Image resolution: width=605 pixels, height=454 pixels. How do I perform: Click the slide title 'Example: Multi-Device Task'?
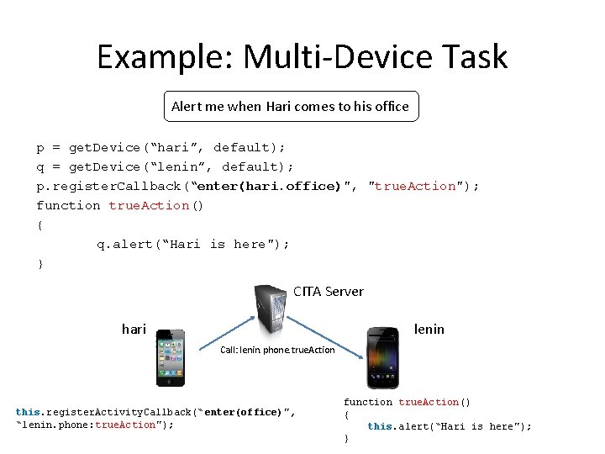(x=302, y=57)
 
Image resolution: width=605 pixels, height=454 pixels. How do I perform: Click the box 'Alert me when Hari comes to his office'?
(x=290, y=106)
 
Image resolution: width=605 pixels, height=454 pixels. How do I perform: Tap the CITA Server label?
(x=328, y=292)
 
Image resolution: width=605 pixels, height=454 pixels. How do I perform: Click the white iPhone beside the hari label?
(x=171, y=356)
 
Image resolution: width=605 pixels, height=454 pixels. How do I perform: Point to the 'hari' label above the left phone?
(x=134, y=329)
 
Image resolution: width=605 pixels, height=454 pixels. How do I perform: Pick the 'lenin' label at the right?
(x=429, y=329)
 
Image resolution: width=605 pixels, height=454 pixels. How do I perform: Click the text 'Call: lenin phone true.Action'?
(x=277, y=350)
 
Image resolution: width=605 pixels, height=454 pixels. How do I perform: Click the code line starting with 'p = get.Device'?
(x=160, y=147)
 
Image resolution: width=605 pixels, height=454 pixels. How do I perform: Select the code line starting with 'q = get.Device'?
(x=165, y=166)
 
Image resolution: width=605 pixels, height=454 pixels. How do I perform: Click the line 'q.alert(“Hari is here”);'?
(x=192, y=244)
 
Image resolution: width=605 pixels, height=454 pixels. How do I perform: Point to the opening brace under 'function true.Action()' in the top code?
(x=39, y=224)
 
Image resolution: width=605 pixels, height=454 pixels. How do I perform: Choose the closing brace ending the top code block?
(x=39, y=264)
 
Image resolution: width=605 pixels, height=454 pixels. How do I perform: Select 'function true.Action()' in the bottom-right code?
(x=407, y=402)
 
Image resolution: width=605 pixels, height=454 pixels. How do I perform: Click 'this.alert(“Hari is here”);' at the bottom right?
(x=449, y=426)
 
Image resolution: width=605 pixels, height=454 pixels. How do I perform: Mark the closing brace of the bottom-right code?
(x=346, y=439)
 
